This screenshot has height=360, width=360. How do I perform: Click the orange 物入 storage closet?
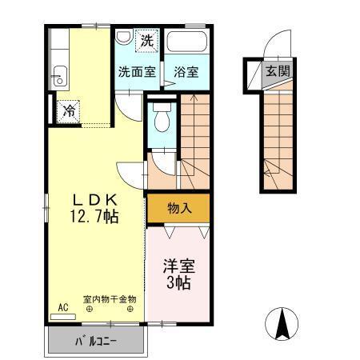click(178, 208)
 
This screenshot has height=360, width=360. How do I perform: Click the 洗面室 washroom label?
click(138, 71)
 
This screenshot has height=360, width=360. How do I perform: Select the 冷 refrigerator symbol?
click(70, 110)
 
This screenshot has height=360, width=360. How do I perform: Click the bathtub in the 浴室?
click(187, 42)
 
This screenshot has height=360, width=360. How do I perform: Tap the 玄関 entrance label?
click(278, 71)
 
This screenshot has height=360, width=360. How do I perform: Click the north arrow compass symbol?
click(282, 323)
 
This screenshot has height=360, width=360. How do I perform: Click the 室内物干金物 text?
click(110, 299)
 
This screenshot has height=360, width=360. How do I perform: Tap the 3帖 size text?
click(178, 283)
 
